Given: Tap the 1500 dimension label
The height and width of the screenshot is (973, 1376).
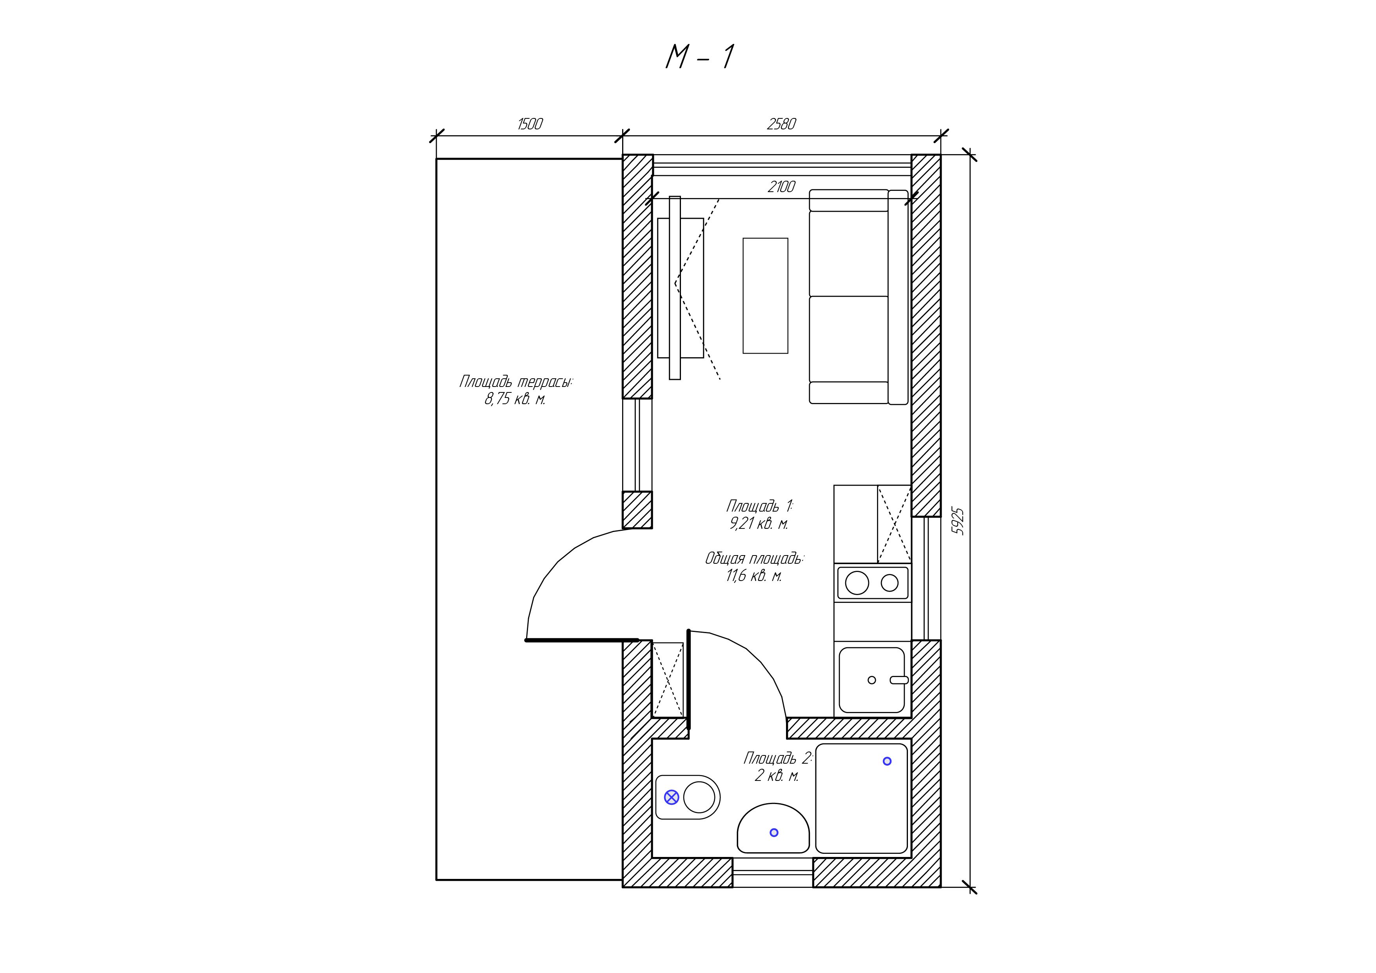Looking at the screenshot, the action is coord(530,124).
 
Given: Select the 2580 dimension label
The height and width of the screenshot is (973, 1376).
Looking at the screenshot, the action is coord(781,124).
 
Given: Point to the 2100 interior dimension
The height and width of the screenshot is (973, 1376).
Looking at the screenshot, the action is coord(781,187).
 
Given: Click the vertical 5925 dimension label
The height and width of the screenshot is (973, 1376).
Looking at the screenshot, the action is coord(958,521).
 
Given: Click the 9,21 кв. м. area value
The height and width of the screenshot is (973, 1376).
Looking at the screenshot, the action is coord(759,524).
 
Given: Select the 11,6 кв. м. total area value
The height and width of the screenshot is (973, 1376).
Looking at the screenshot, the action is coord(754,576).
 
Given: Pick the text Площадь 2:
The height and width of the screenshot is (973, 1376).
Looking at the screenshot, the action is coord(778,759).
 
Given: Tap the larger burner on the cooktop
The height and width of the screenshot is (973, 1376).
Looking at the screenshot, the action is coord(857,583).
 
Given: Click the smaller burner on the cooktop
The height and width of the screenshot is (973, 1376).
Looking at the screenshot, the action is coord(890,583).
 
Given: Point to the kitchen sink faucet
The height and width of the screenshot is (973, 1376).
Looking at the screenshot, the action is coord(899,680).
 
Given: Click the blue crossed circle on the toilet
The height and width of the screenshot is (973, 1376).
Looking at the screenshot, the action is coord(672,797).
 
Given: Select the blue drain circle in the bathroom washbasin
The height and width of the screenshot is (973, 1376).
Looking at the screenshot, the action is coord(774,832).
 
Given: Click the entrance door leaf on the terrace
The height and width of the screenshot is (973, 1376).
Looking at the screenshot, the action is coord(582,640).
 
